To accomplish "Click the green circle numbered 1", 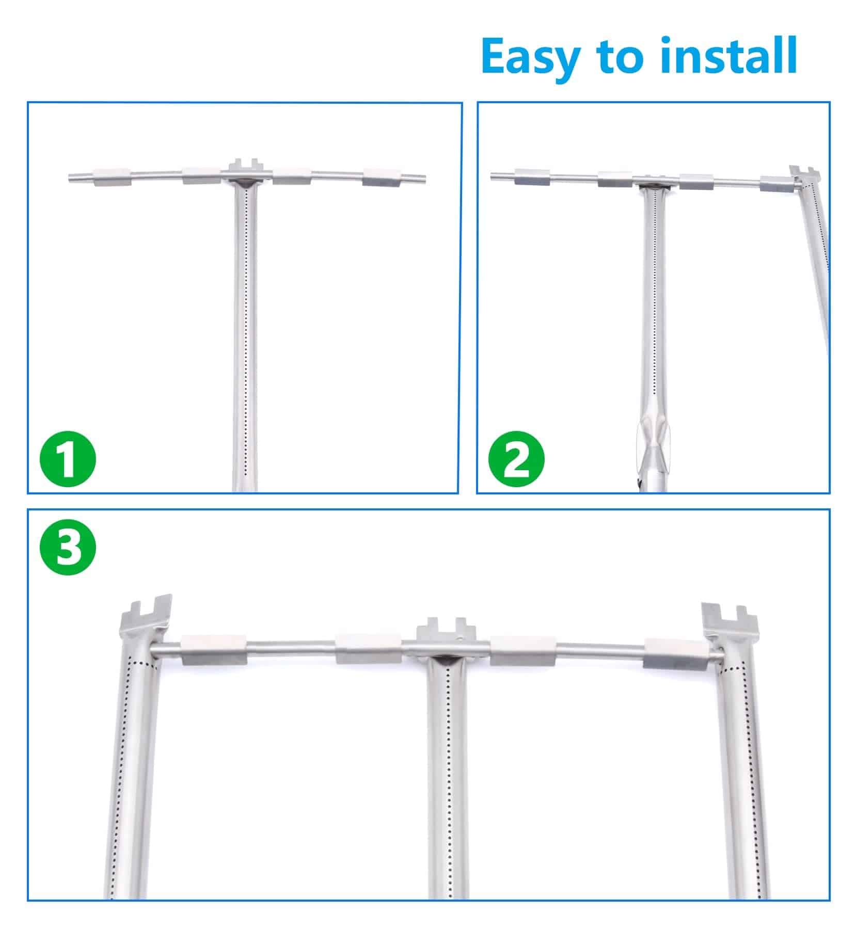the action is [x=68, y=458].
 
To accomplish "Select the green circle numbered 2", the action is [x=517, y=458].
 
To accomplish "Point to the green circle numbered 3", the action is [x=68, y=548].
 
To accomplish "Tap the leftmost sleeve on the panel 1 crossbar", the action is [x=111, y=177].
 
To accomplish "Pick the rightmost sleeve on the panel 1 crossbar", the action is [x=381, y=177].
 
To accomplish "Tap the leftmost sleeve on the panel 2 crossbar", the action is [x=532, y=177].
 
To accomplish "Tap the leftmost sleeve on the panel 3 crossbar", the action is [x=213, y=649].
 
